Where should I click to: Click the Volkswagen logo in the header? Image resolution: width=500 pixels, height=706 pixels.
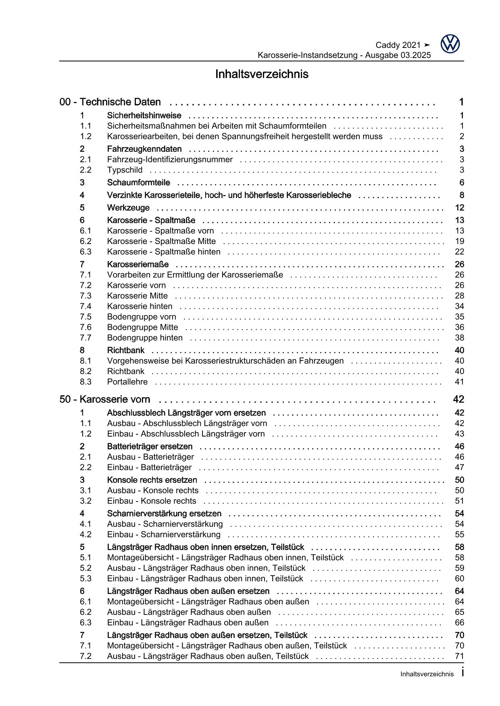tap(450, 43)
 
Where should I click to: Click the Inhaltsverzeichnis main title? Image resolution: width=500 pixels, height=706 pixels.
tap(262, 75)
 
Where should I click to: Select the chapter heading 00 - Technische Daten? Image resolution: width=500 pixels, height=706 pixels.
tap(110, 102)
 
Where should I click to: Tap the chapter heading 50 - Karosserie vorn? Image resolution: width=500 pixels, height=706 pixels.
tap(105, 400)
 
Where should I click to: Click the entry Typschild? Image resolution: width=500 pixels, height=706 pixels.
tap(125, 170)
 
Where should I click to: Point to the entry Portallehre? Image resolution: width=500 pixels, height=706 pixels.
tap(127, 382)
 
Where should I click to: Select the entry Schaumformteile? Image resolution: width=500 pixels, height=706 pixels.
tap(138, 183)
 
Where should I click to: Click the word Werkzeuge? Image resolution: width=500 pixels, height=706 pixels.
tap(128, 208)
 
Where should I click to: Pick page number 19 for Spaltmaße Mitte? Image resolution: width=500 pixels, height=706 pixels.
tap(459, 241)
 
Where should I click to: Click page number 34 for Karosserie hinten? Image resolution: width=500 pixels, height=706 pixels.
tap(459, 306)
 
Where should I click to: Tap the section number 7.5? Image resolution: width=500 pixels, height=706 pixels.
tap(85, 317)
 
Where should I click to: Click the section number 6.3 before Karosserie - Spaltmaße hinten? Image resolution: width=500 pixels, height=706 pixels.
tap(85, 252)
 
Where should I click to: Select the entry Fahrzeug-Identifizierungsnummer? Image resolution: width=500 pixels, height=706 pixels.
tap(170, 159)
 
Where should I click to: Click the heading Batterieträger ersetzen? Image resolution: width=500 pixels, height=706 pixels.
tap(150, 447)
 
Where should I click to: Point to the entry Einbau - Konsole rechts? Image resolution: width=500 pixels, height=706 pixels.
tap(151, 501)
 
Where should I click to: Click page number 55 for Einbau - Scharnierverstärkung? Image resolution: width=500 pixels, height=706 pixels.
tap(459, 535)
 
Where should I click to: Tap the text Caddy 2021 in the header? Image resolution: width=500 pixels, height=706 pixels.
tap(398, 45)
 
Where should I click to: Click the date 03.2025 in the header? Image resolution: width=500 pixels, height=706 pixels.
tap(415, 56)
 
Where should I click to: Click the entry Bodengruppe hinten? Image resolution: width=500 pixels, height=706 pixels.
tap(145, 338)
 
